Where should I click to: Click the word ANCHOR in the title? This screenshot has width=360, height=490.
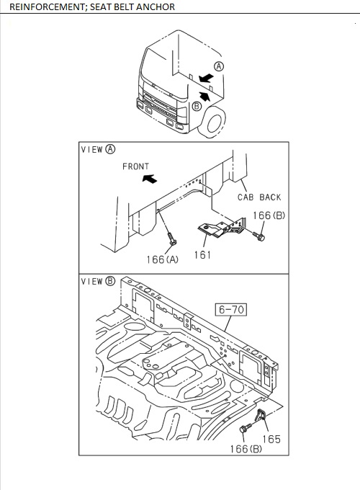(154, 6)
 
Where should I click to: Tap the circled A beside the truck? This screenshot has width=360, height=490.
(219, 66)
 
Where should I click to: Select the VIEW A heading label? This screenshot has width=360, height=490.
(98, 150)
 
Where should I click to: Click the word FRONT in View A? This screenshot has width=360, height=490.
(135, 166)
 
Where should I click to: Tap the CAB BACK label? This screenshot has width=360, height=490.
(259, 197)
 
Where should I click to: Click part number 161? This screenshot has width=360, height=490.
(202, 254)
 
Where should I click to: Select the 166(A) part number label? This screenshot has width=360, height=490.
(162, 259)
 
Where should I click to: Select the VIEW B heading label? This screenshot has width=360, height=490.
(98, 281)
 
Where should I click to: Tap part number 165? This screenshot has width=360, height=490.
(271, 439)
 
